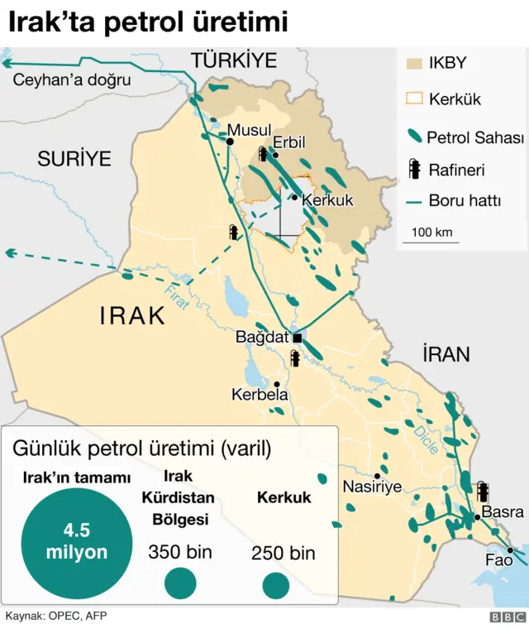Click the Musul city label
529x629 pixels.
(249, 130)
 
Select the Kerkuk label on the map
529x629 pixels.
(327, 200)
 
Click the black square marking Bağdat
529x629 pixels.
(297, 338)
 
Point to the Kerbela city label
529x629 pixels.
(260, 396)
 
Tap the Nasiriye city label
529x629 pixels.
(372, 487)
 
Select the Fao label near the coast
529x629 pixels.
(499, 560)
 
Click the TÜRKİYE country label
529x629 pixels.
(233, 60)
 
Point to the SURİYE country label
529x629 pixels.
(74, 159)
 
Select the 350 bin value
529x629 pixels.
(180, 552)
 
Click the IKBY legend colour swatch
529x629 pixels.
(412, 64)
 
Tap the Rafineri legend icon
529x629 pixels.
(413, 170)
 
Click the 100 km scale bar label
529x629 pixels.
(431, 232)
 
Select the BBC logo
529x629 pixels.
(507, 617)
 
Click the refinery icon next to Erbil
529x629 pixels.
(263, 154)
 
